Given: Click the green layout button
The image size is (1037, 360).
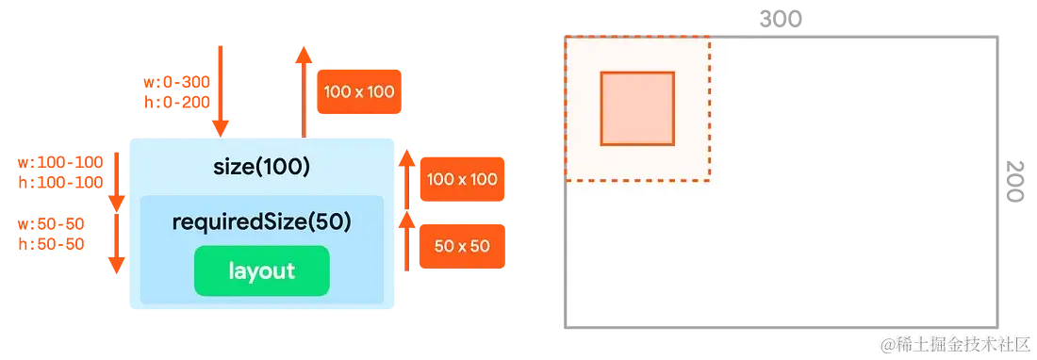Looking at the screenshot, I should (x=261, y=271).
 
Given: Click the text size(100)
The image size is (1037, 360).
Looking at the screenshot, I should (x=261, y=168).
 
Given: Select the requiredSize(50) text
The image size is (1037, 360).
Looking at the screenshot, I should (x=261, y=221).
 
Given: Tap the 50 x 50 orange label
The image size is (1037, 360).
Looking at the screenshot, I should (x=462, y=246).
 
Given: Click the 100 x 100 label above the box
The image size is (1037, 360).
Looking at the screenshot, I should (x=359, y=91).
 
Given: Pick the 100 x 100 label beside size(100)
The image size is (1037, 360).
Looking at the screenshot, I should (x=462, y=179).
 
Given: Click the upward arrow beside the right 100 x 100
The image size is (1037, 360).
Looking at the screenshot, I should (x=407, y=179).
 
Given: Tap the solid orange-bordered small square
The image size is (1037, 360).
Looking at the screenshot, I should (x=637, y=108).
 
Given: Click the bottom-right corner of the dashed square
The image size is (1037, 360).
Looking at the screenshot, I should (x=708, y=177).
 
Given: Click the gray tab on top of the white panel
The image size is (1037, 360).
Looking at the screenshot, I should (x=782, y=18).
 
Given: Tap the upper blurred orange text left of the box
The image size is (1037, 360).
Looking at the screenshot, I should (x=60, y=172).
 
